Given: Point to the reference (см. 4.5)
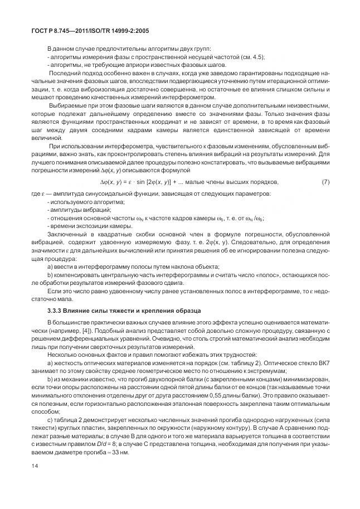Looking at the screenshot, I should pyautogui.click(x=252, y=58).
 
